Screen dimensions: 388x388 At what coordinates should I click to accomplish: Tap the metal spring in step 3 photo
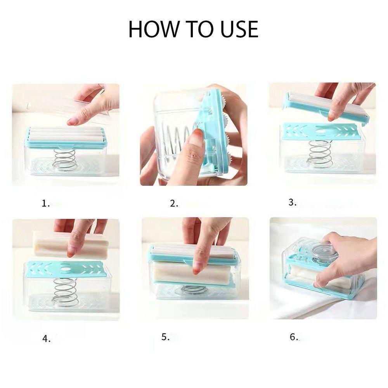[320, 154]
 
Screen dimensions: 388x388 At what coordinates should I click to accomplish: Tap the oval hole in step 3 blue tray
[320, 131]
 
